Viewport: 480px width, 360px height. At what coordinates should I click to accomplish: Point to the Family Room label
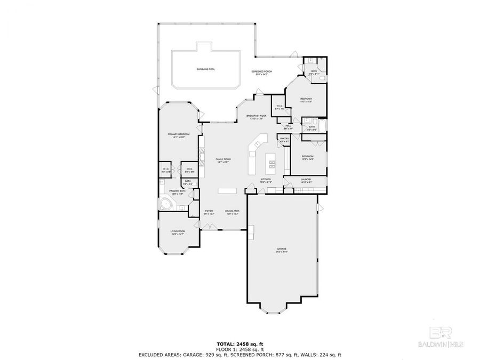tap(222, 160)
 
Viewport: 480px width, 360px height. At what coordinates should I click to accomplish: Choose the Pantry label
tap(284, 139)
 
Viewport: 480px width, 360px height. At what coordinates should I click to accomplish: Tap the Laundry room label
tap(306, 180)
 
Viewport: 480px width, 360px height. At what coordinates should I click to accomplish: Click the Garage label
tap(282, 250)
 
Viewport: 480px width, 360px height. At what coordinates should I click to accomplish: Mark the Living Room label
tap(178, 231)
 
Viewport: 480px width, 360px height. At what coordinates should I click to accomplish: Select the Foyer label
tap(209, 211)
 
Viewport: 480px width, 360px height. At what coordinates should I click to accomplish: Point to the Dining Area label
tap(232, 211)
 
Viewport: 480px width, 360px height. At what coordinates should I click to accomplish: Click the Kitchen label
tap(265, 180)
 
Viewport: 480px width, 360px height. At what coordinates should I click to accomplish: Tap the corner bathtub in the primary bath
tap(165, 204)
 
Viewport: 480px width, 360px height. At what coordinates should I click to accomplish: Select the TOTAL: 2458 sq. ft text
tap(239, 344)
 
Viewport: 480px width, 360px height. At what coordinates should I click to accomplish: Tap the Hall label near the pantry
tap(287, 126)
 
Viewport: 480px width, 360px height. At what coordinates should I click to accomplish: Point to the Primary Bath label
tap(177, 191)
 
